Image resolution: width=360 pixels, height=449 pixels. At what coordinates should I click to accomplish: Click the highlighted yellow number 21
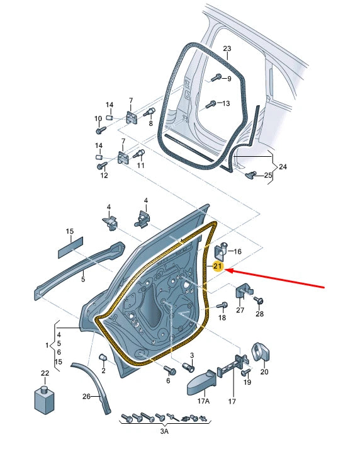(218, 266)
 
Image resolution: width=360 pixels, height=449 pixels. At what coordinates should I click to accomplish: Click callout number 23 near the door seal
(227, 49)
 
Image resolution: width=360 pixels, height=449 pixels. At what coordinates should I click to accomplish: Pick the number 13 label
(226, 103)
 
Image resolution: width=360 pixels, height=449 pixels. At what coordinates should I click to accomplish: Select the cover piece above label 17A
(203, 380)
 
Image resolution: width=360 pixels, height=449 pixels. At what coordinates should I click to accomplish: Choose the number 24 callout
(283, 168)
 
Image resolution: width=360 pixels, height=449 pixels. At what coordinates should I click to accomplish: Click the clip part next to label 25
(253, 174)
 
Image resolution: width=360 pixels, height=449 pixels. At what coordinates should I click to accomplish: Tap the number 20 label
(264, 372)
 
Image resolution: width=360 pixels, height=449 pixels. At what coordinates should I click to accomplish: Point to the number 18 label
(222, 319)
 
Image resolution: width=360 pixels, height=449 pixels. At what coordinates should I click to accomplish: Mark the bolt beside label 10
(101, 130)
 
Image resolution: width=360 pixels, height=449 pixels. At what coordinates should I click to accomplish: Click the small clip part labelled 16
(222, 248)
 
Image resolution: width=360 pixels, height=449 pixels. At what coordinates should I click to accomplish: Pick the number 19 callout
(247, 382)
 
